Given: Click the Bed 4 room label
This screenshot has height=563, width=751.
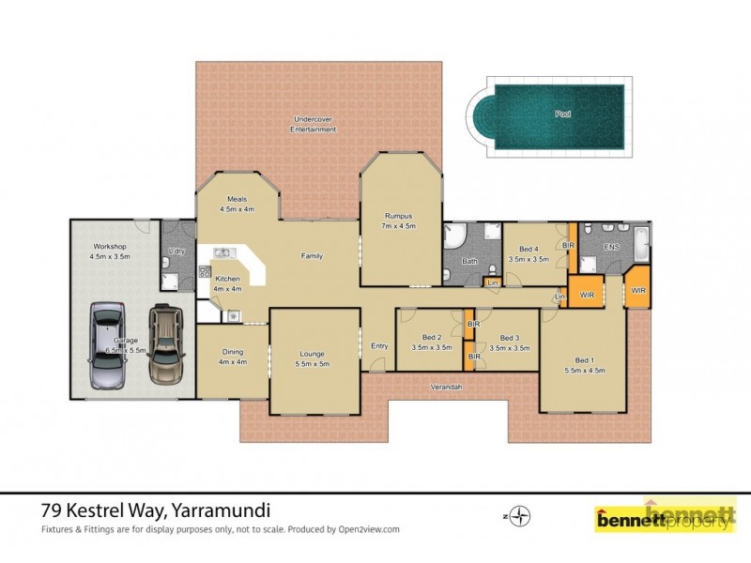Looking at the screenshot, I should [x=528, y=253].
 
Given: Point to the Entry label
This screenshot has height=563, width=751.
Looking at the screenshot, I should [x=379, y=345].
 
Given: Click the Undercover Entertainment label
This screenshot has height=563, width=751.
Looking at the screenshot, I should [x=314, y=125].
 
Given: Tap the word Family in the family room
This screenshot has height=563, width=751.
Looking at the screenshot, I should [x=312, y=255].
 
